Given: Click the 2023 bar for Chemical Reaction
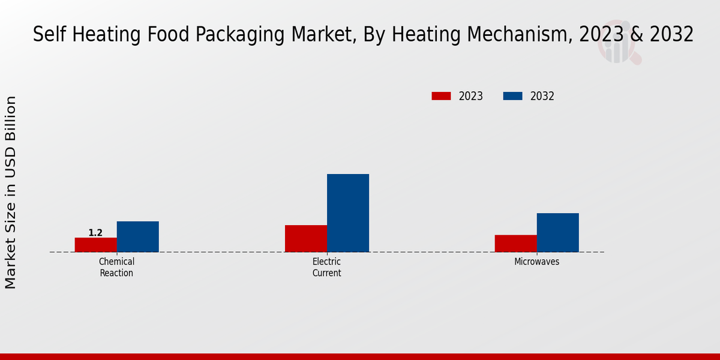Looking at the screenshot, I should [x=96, y=245].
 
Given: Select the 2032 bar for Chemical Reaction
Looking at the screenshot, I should [x=138, y=236].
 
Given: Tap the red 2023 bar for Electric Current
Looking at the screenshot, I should [x=306, y=238].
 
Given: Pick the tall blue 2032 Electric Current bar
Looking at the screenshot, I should [x=348, y=213].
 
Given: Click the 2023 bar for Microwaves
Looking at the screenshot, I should [x=516, y=243].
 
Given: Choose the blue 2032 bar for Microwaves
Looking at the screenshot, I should [x=558, y=232].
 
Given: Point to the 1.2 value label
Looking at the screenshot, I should [x=95, y=233].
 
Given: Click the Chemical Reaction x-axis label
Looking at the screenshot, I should [x=116, y=268].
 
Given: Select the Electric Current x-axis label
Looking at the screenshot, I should [x=326, y=268].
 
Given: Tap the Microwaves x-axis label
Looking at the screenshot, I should [x=536, y=262].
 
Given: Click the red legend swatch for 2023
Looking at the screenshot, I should [x=441, y=96].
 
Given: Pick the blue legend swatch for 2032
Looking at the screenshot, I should [x=512, y=96].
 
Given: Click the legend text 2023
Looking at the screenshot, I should [x=471, y=96].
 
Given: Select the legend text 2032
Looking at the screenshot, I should [x=542, y=96].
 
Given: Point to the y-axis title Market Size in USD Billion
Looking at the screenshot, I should [x=11, y=192].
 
